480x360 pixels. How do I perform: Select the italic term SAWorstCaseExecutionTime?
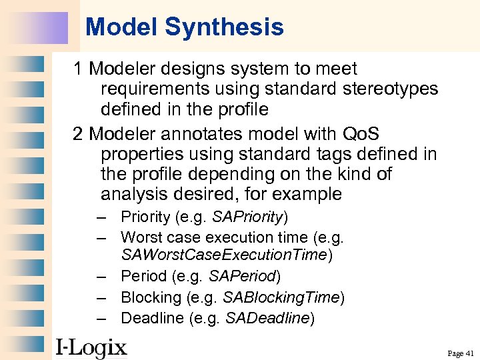tap(225, 255)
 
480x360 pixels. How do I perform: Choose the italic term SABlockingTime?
tap(281, 297)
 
